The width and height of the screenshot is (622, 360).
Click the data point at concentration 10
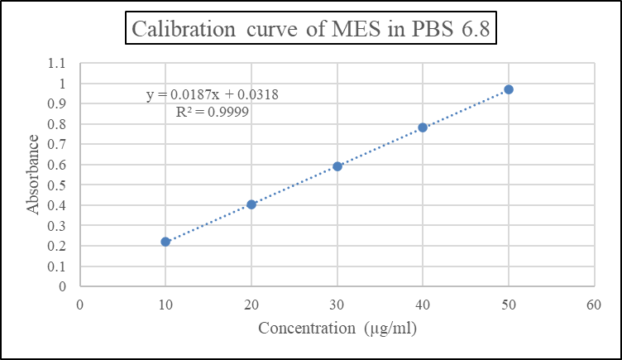pyautogui.click(x=165, y=242)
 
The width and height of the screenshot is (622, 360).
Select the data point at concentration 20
pyautogui.click(x=251, y=204)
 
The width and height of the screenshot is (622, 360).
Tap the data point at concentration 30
pyautogui.click(x=337, y=166)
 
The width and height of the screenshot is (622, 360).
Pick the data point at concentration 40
pyautogui.click(x=423, y=127)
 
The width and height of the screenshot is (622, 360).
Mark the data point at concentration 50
pyautogui.click(x=509, y=89)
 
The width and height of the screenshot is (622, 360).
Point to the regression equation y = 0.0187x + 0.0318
pyautogui.click(x=212, y=94)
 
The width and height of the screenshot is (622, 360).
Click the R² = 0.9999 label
pyautogui.click(x=213, y=111)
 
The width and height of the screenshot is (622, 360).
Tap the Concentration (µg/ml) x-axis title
pyautogui.click(x=337, y=328)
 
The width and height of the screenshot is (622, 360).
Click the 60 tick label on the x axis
pyautogui.click(x=594, y=304)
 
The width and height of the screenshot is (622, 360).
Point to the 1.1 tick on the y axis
pyautogui.click(x=57, y=64)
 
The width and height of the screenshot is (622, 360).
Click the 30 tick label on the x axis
pyautogui.click(x=337, y=304)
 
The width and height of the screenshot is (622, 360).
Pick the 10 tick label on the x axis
pyautogui.click(x=165, y=304)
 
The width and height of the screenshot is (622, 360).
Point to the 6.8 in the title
pyautogui.click(x=474, y=30)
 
